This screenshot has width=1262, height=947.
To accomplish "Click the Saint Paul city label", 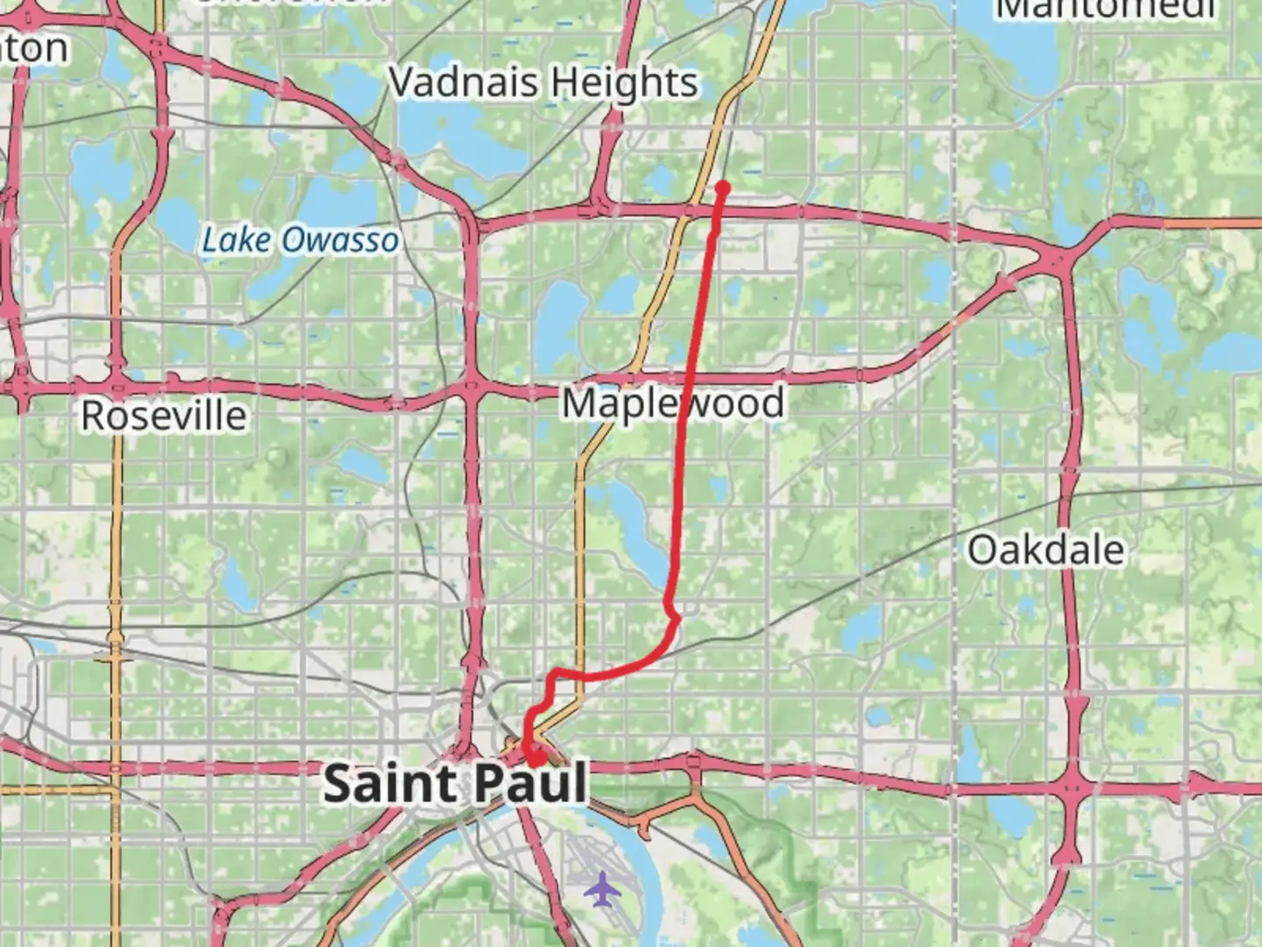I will click(x=455, y=783).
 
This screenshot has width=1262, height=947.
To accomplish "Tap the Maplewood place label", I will click(x=672, y=404).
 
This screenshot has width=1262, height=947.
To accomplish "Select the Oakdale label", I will click(x=1046, y=551).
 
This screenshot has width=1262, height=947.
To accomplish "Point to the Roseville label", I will click(x=164, y=416).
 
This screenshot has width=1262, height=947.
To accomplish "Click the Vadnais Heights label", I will click(x=543, y=83).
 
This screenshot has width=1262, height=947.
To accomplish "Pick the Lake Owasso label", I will click(x=301, y=240).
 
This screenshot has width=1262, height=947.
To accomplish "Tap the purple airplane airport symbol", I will click(x=603, y=889).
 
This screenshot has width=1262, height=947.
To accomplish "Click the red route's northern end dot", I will click(x=723, y=187).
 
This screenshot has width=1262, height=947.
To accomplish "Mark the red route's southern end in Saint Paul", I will click(x=535, y=756).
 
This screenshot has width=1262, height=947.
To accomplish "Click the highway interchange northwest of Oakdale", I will click(x=1056, y=257).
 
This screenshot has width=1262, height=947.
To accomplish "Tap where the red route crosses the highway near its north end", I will click(x=719, y=210).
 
